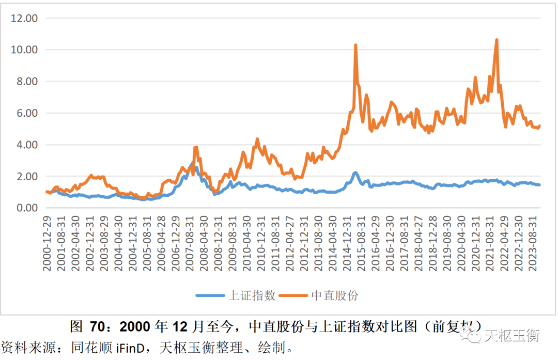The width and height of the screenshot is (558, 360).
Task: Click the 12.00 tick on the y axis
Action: click(x=25, y=18)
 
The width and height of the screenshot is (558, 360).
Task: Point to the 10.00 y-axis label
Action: click(x=25, y=50)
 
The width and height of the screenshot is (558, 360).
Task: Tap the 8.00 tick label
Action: click(x=27, y=81)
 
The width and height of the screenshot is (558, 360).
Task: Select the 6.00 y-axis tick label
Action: click(x=27, y=113)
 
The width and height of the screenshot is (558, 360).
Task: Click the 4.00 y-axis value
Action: click(x=27, y=145)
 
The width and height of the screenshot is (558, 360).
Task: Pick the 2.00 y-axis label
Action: click(x=27, y=176)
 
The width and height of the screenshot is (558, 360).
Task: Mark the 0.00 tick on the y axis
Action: click(x=27, y=208)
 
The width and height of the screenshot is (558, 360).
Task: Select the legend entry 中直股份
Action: click(x=335, y=295)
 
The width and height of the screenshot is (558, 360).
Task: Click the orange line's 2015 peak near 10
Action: click(x=355, y=45)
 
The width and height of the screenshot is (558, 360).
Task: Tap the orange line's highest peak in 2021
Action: click(x=497, y=39)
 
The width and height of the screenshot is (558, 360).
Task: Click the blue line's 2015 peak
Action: click(x=355, y=173)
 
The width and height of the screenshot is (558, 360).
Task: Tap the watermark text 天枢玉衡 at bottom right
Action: click(x=512, y=336)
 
